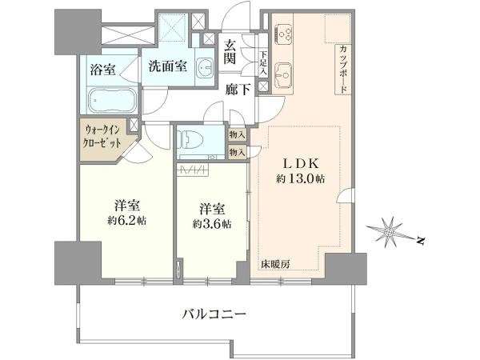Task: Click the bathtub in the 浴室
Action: [x=112, y=100]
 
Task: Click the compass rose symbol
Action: [x=389, y=233]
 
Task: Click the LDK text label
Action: [x=300, y=163]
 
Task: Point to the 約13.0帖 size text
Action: [x=300, y=178]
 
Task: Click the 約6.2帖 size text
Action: [x=126, y=221]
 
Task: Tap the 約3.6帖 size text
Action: [x=212, y=224]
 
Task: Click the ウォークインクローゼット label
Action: [x=102, y=137]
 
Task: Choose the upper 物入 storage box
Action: [x=238, y=134]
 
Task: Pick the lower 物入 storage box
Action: [x=238, y=152]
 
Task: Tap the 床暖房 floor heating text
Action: [x=275, y=264]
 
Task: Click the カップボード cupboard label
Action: [x=343, y=70]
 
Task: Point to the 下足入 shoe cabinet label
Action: [x=263, y=63]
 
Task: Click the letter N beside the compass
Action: [x=421, y=241]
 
